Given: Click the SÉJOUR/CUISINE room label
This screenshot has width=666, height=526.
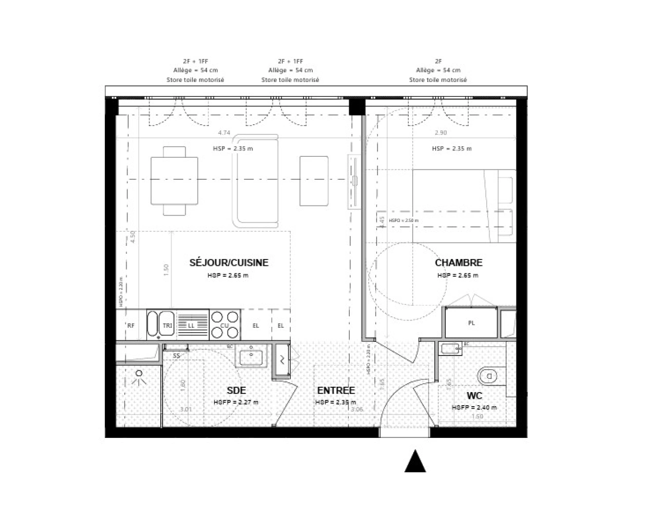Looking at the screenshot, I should (x=228, y=263).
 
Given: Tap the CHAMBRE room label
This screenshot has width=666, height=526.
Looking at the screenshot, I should (x=458, y=263).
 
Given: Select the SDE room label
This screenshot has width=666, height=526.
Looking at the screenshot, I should (x=236, y=390).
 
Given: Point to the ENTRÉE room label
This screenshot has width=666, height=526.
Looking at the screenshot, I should (x=336, y=390).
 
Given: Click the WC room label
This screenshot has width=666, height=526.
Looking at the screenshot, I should (x=474, y=395).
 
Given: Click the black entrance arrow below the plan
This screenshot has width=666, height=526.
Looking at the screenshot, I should (x=415, y=462).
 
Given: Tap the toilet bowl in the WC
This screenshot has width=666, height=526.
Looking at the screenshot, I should (x=488, y=376).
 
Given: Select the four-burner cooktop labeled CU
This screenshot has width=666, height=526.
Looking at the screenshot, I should (x=225, y=325).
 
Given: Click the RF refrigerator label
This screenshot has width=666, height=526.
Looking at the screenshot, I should (x=131, y=326).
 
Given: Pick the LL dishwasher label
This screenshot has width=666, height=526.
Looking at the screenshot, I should (x=191, y=325).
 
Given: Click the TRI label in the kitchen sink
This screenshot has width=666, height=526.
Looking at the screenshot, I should (x=167, y=325).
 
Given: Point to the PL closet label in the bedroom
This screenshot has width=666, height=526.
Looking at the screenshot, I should (x=471, y=323).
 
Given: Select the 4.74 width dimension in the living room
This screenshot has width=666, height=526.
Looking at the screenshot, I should (x=224, y=132).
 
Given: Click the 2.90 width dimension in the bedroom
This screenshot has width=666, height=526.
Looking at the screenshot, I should (x=440, y=132).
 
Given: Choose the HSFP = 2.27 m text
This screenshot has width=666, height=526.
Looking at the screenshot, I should (x=236, y=402).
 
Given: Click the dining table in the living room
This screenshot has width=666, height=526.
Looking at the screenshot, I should (x=174, y=180).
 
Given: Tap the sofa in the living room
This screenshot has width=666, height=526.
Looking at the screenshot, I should (x=255, y=181).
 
